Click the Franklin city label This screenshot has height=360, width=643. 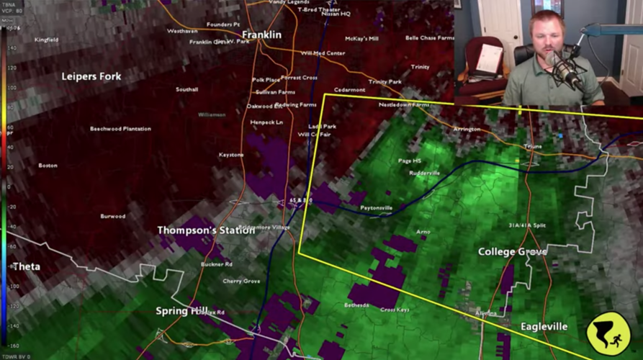pos(261,35)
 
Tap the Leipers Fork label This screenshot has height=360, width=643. pos(91,76)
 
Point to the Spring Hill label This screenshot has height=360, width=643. pos(181,311)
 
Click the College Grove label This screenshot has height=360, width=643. pos(512,252)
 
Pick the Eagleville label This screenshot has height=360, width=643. pos(544,327)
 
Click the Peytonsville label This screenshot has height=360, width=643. pos(377,208)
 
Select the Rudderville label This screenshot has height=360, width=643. pos(424,174)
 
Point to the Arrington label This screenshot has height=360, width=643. pos(467,129)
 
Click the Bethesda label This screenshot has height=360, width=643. pos(356,305)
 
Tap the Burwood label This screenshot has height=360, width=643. pos(112,216)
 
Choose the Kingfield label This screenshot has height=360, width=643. pos(46,40)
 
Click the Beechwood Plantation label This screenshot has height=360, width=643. pos(120,129)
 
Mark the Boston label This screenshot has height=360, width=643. pos(48,166)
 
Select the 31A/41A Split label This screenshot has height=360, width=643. pos(527,225)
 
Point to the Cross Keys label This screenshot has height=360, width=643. pos(395,310)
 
